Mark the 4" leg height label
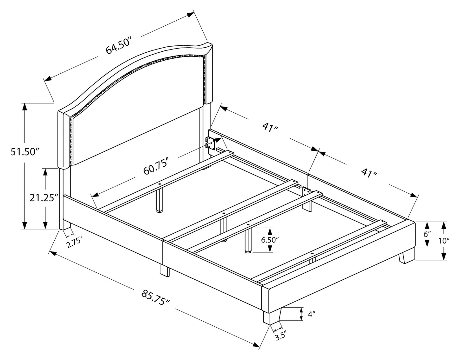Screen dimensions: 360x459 [x=311, y=314]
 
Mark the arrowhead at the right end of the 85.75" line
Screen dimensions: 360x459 [x=257, y=344]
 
